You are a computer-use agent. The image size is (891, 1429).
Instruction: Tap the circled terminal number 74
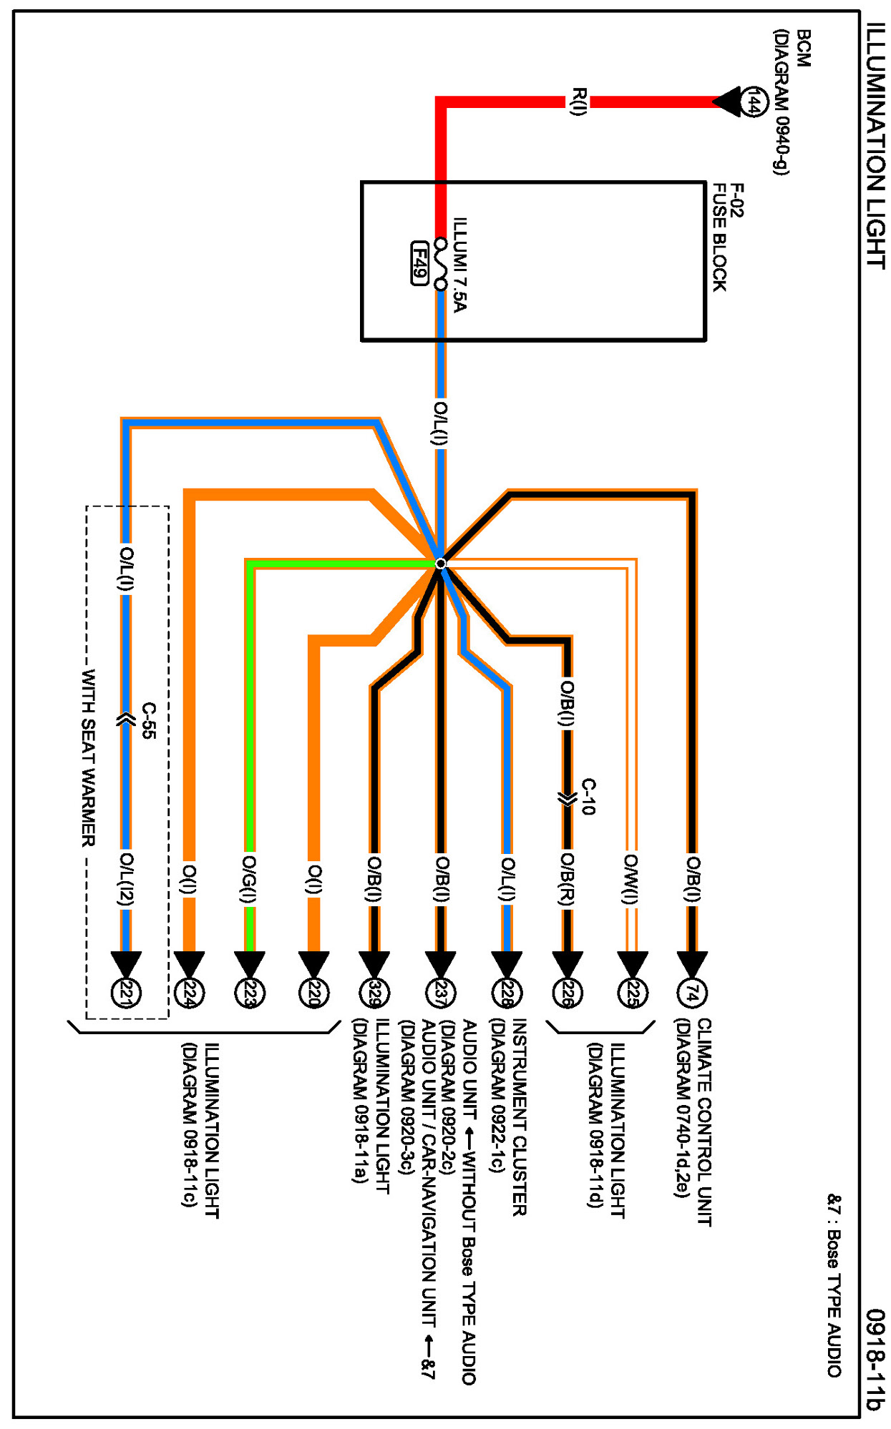(x=691, y=993)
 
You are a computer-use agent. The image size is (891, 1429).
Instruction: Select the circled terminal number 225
(x=633, y=993)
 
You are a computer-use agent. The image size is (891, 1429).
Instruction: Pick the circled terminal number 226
(x=568, y=993)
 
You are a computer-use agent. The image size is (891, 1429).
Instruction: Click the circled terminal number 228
(x=507, y=993)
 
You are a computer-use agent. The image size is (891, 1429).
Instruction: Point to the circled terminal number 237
(x=441, y=993)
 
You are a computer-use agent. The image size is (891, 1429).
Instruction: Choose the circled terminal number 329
(x=374, y=993)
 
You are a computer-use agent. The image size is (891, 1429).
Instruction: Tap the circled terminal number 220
(x=313, y=993)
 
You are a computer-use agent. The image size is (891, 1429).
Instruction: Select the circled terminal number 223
(x=250, y=993)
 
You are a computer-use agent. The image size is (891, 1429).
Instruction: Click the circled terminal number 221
(x=127, y=993)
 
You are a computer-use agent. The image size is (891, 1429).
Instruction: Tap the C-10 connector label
(x=588, y=797)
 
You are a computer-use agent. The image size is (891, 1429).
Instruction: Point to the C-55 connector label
(x=148, y=720)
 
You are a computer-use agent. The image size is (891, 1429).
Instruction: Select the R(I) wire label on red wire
(x=578, y=101)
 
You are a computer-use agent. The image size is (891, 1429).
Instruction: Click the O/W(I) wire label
(x=630, y=879)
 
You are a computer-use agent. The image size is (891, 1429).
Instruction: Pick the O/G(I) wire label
(x=249, y=879)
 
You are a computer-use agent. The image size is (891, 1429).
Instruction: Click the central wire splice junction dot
(x=441, y=564)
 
